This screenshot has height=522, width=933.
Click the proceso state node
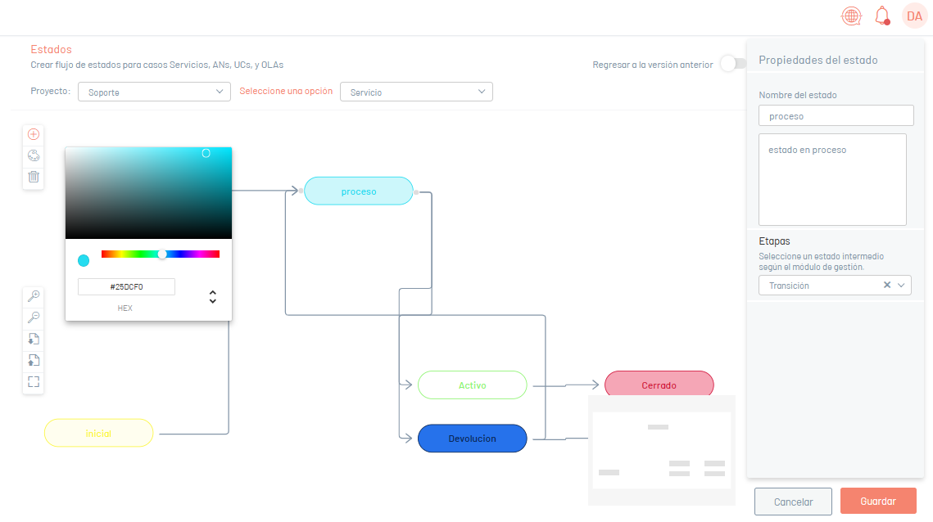[359, 191]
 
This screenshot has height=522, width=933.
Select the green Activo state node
[473, 385]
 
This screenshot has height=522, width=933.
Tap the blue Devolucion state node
[473, 439]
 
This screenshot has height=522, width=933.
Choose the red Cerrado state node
[659, 384]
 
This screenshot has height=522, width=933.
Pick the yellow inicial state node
[99, 433]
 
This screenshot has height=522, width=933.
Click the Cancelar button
[793, 502]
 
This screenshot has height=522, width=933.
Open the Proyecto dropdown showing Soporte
[154, 92]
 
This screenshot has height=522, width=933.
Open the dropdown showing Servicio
[416, 92]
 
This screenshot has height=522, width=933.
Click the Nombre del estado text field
[836, 115]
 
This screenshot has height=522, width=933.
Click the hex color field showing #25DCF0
[126, 286]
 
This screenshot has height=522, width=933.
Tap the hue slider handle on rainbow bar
[162, 254]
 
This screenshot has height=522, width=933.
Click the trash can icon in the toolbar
[34, 177]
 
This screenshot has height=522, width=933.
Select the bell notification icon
[882, 16]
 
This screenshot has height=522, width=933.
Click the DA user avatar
[914, 16]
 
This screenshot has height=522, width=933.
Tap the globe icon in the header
[851, 16]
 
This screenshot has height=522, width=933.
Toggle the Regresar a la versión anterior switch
[733, 64]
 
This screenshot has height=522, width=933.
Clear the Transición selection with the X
[886, 285]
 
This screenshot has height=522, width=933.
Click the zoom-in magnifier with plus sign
[34, 295]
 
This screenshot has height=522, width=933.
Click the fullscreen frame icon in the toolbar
[34, 381]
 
